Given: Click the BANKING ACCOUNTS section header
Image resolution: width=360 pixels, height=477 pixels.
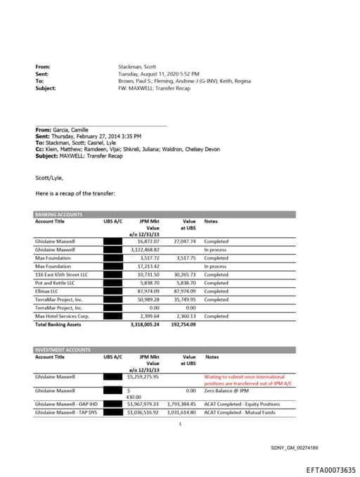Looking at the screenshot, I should click(58, 214).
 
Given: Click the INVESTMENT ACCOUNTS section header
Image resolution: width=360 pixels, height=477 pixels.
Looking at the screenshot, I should click(63, 350).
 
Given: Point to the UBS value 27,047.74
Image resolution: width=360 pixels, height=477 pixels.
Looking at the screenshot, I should click(183, 241).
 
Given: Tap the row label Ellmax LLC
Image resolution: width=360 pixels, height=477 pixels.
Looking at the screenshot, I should click(47, 291).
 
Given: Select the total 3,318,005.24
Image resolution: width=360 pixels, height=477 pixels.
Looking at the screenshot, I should click(145, 324).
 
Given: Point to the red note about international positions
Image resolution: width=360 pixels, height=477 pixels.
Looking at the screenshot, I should click(247, 380).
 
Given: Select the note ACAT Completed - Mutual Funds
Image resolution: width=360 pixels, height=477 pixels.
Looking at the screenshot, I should click(242, 412).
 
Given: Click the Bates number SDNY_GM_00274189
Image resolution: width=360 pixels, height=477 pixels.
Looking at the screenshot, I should click(295, 447).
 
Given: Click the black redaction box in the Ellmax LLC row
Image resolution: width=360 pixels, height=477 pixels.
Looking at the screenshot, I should click(112, 291).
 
